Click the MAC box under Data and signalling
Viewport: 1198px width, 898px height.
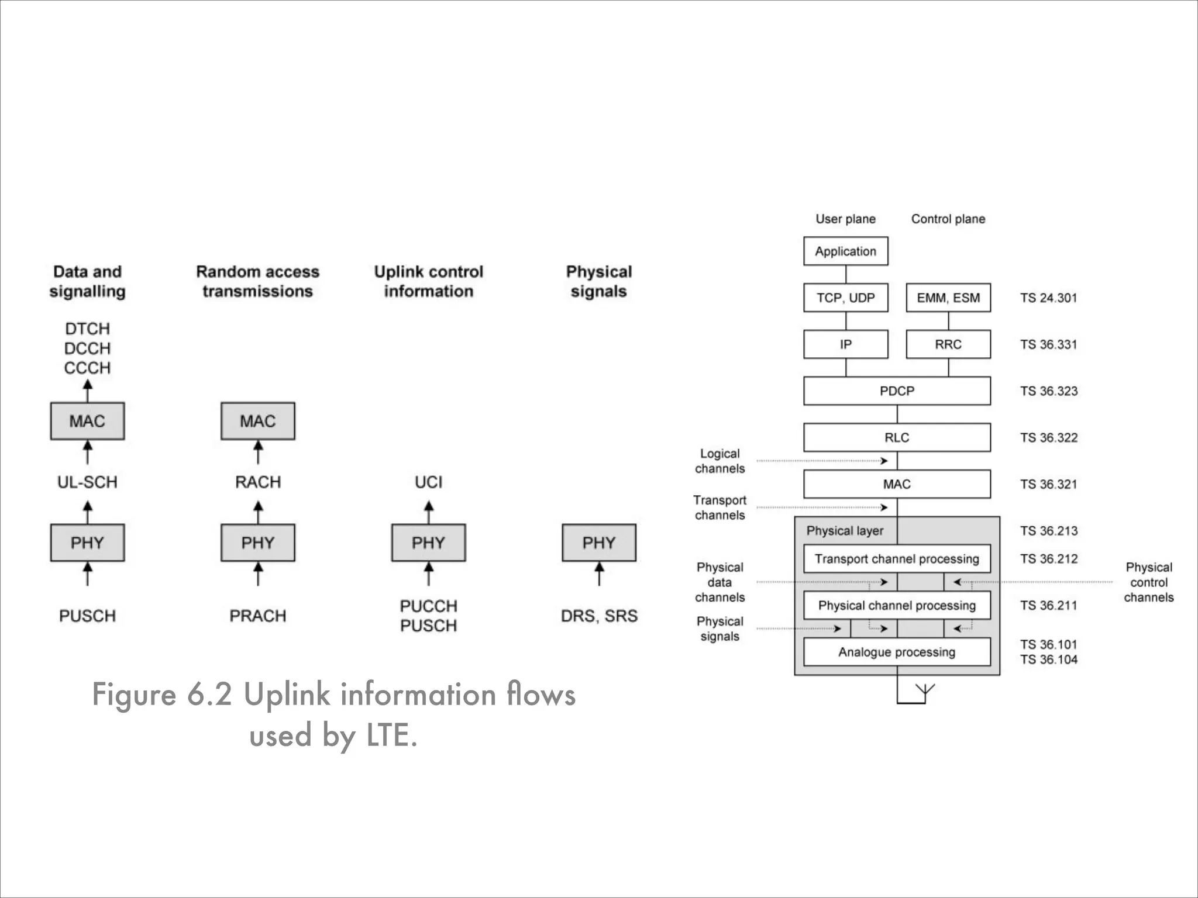(87, 421)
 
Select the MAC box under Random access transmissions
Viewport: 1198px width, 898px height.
(257, 421)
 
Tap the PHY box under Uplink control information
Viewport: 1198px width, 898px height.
(428, 543)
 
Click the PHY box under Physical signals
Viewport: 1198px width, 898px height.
(598, 543)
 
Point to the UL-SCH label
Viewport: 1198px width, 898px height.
(87, 482)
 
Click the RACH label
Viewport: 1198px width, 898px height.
(257, 482)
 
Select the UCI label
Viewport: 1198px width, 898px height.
(428, 482)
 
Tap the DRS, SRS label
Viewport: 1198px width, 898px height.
(598, 616)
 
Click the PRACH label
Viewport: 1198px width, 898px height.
(257, 616)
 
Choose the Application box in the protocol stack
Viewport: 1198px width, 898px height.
(845, 251)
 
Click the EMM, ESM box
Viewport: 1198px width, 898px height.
(948, 298)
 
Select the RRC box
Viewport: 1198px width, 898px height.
(948, 344)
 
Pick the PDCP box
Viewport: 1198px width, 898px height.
(897, 391)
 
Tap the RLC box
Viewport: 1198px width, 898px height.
(897, 437)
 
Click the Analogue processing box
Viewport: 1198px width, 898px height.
(897, 652)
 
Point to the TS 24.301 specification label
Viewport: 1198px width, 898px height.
(1048, 298)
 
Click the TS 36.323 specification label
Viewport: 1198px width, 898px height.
(1048, 391)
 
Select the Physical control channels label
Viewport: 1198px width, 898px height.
(1148, 582)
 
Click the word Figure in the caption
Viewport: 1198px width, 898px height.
(134, 695)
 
